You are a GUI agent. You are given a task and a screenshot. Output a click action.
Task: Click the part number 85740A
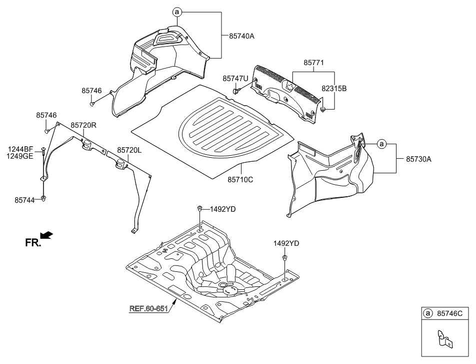click(x=241, y=36)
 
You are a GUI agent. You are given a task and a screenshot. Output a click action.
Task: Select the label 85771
click(x=314, y=63)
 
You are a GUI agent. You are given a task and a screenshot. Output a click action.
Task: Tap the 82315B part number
click(x=334, y=89)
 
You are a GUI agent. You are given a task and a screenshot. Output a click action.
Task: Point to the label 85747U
click(x=235, y=79)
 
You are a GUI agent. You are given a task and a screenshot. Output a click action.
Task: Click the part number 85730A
click(x=418, y=159)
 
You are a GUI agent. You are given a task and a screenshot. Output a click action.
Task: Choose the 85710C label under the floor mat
click(x=240, y=180)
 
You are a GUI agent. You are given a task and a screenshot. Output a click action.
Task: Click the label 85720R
click(x=83, y=125)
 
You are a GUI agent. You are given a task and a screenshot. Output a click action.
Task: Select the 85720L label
click(x=129, y=150)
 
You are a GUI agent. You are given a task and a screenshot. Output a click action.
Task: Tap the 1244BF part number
click(x=20, y=149)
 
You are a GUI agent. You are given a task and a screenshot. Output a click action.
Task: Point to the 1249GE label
click(x=20, y=156)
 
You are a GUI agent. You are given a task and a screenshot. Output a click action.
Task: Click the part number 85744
click(x=24, y=200)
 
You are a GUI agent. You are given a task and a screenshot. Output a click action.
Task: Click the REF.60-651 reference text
click(x=148, y=308)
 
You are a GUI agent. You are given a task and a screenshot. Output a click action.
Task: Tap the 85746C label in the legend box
click(x=449, y=313)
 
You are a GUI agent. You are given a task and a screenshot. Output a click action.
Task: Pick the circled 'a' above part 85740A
click(x=177, y=12)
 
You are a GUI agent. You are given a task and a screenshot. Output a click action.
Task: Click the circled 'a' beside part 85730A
click(x=382, y=144)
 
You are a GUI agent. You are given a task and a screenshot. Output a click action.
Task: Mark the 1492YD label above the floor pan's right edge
click(x=286, y=243)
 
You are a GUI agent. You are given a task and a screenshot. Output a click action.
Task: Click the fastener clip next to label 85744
click(x=43, y=199)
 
